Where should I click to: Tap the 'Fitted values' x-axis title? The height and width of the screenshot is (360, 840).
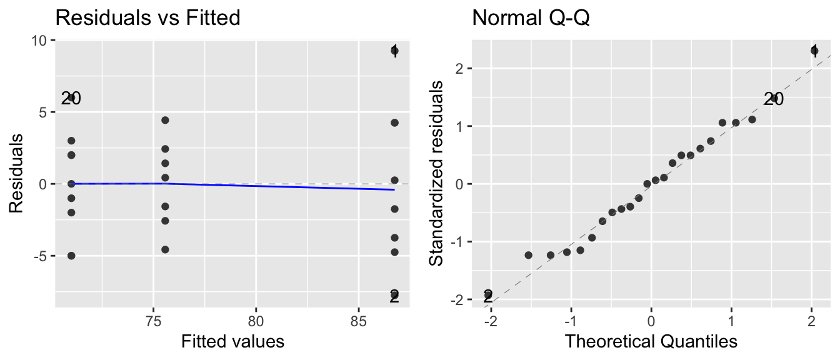pos(232,341)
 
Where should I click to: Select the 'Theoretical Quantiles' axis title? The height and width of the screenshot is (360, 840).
pos(651,341)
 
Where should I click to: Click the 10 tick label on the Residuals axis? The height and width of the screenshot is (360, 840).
pos(39,40)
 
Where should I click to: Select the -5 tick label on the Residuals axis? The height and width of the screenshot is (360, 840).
pos(39,256)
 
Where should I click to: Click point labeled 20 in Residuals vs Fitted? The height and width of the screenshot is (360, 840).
pos(71,97)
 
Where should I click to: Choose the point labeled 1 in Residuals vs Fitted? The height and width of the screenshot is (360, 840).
pos(394,51)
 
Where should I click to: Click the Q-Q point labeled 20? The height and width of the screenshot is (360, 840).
pos(774,98)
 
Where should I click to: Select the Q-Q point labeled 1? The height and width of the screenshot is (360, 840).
pos(814,51)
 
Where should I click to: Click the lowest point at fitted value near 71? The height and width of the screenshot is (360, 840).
pos(71,256)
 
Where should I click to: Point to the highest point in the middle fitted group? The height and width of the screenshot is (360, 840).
pos(165,120)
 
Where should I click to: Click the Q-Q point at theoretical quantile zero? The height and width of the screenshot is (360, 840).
pos(647,184)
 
